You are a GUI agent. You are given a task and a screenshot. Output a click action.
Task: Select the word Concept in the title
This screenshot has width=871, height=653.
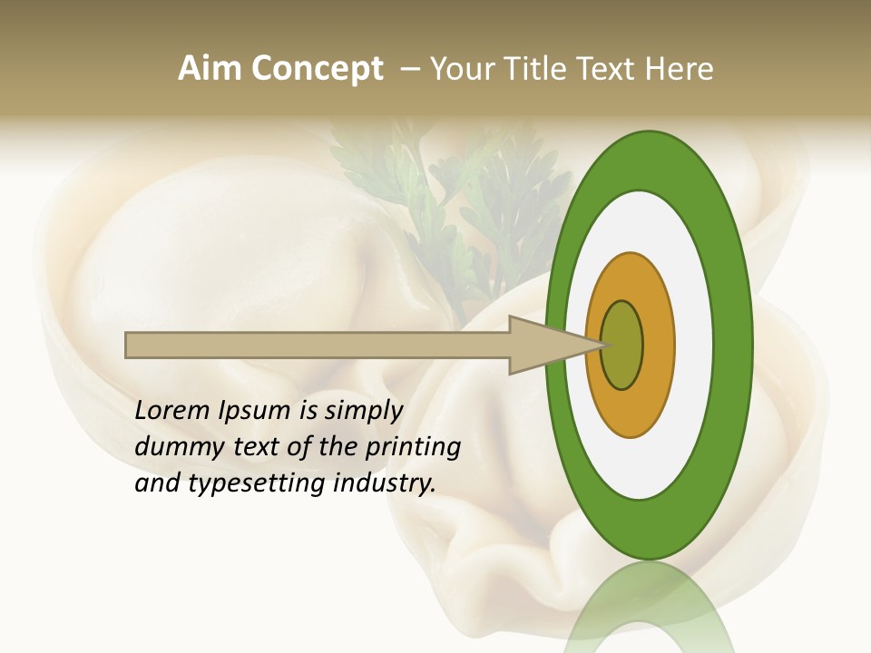coord(318,69)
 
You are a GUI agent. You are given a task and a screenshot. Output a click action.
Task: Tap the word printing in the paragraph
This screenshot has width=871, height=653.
coord(412,447)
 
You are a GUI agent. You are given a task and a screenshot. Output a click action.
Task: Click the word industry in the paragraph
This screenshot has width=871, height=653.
coord(385,483)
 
